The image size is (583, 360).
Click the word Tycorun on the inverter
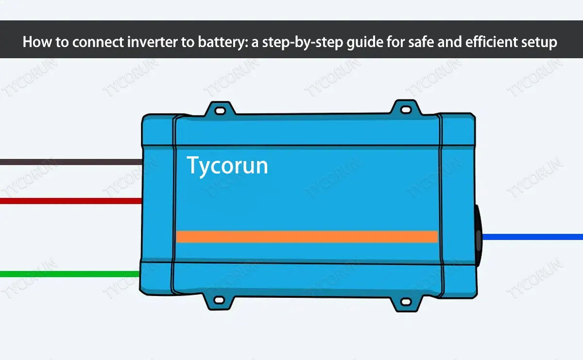227,166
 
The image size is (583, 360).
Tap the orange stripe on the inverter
306,236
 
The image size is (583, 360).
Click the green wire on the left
68,274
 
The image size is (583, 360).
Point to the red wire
68,200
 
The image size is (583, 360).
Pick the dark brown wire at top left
68,162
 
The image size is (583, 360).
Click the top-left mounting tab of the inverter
220,110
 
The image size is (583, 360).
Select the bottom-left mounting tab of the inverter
219,301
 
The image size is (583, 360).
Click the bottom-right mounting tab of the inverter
405,302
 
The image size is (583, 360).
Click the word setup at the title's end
539,43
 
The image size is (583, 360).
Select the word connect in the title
93,43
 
